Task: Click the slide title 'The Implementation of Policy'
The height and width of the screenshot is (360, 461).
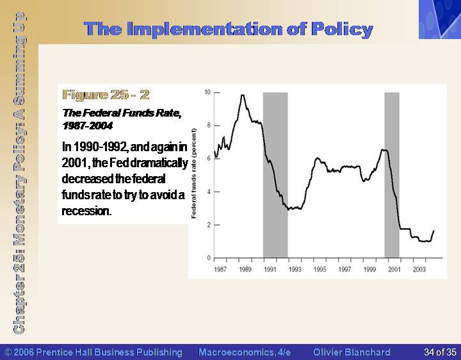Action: tap(229, 29)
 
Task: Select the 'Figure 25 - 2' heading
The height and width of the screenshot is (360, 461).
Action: tap(106, 95)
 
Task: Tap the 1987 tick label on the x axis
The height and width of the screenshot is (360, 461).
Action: tap(220, 270)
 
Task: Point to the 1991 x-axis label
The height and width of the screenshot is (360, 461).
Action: tap(270, 270)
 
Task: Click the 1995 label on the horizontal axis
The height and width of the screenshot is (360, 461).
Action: tap(319, 270)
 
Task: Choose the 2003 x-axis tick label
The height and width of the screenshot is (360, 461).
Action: tap(419, 270)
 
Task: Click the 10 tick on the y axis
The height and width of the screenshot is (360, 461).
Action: tap(207, 92)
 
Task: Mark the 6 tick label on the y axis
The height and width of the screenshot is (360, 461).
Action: tap(209, 158)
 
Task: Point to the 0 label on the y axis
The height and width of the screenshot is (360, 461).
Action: tap(209, 258)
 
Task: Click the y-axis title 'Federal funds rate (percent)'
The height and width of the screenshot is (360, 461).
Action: tap(193, 174)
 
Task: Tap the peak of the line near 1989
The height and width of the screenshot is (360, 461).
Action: tap(242, 95)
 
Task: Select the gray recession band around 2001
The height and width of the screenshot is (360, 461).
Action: tap(392, 175)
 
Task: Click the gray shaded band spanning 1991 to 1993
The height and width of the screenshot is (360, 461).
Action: tap(275, 175)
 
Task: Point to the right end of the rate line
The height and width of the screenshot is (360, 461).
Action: tap(433, 231)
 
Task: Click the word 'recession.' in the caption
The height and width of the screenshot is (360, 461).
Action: tap(86, 211)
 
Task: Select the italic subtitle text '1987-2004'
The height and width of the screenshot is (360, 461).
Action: tap(87, 126)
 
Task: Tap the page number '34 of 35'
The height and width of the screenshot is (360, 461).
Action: tap(440, 352)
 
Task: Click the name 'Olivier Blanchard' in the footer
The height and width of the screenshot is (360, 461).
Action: tap(352, 352)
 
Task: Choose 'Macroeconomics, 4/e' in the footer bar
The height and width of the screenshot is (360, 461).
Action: tap(245, 352)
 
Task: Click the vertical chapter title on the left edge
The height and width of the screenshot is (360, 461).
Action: tap(19, 173)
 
